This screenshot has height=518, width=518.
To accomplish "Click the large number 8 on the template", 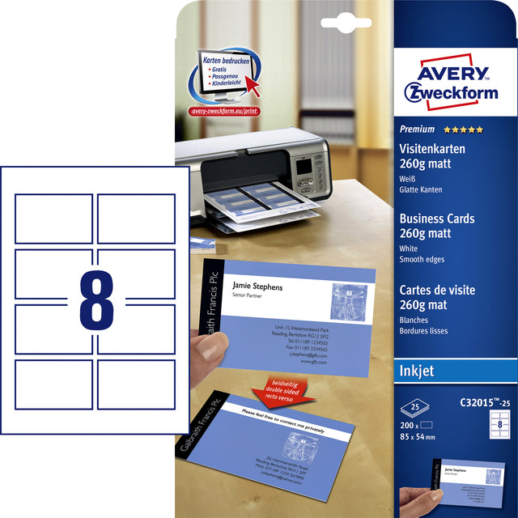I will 96,302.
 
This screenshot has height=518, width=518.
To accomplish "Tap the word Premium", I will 417,129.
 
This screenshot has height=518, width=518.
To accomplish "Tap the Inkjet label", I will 418,371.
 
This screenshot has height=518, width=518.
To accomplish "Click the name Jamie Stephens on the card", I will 257,287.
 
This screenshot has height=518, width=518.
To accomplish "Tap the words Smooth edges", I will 422,259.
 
